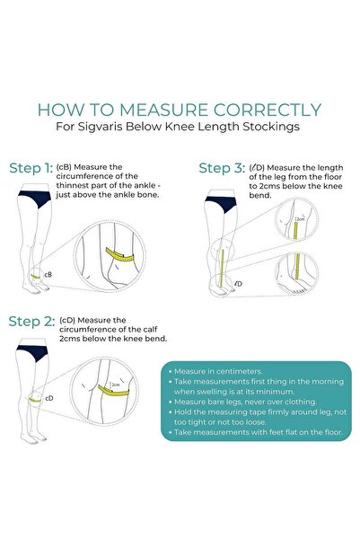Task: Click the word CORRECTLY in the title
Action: [268, 110]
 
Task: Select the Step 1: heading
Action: [31, 168]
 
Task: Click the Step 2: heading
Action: [31, 322]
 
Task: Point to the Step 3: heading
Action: [222, 168]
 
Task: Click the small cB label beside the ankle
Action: [48, 274]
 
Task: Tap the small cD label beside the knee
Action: [49, 398]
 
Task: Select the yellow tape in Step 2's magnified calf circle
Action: [113, 390]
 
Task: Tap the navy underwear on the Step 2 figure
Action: [32, 352]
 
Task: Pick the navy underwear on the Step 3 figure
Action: [222, 203]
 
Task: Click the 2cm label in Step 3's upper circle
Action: [300, 219]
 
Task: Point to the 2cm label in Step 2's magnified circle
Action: [116, 385]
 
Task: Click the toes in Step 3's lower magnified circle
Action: [299, 291]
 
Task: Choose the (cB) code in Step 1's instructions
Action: [64, 167]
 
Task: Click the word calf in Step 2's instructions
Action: [151, 329]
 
